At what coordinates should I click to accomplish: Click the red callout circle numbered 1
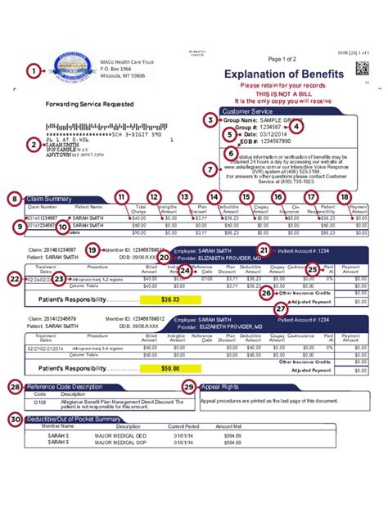(x=33, y=71)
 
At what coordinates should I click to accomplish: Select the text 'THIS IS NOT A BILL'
(x=278, y=94)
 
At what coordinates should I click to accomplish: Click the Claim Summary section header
(x=50, y=199)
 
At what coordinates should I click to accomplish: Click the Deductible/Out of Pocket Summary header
(x=72, y=419)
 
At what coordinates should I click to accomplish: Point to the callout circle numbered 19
(x=92, y=250)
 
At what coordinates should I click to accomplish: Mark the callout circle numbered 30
(x=14, y=419)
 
